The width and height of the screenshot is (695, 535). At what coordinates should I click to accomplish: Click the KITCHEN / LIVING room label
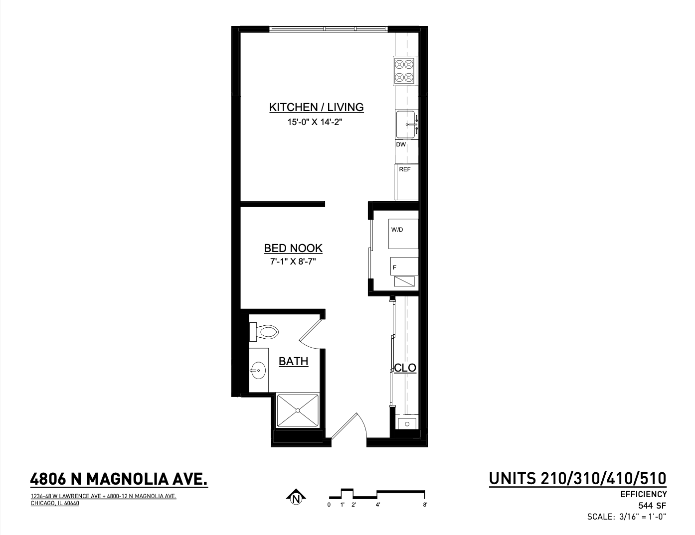pyautogui.click(x=316, y=107)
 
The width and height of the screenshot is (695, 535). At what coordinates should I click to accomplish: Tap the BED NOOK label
pyautogui.click(x=293, y=248)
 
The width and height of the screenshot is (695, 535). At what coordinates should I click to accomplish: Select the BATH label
pyautogui.click(x=293, y=361)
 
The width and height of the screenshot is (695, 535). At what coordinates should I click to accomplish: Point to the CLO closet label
pyautogui.click(x=405, y=368)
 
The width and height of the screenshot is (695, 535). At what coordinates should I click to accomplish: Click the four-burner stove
pyautogui.click(x=404, y=71)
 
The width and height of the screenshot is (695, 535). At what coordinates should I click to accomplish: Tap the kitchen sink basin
pyautogui.click(x=405, y=124)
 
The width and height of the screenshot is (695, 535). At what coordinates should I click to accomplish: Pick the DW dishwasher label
pyautogui.click(x=401, y=144)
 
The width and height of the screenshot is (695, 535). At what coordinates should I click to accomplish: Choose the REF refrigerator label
pyautogui.click(x=405, y=169)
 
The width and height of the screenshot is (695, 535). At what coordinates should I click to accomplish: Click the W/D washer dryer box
pyautogui.click(x=403, y=234)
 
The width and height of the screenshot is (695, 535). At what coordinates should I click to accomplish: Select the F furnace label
pyautogui.click(x=394, y=267)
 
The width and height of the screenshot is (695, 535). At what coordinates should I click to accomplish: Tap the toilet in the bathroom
pyautogui.click(x=264, y=332)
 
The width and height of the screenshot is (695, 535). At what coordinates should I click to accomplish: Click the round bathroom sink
pyautogui.click(x=258, y=370)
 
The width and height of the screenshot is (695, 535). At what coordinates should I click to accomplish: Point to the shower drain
pyautogui.click(x=298, y=410)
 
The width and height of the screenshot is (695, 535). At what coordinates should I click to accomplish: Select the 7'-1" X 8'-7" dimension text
pyautogui.click(x=293, y=262)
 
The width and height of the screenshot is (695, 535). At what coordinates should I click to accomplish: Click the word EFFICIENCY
pyautogui.click(x=644, y=495)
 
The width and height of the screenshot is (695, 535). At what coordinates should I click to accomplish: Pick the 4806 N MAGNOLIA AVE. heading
pyautogui.click(x=119, y=479)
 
